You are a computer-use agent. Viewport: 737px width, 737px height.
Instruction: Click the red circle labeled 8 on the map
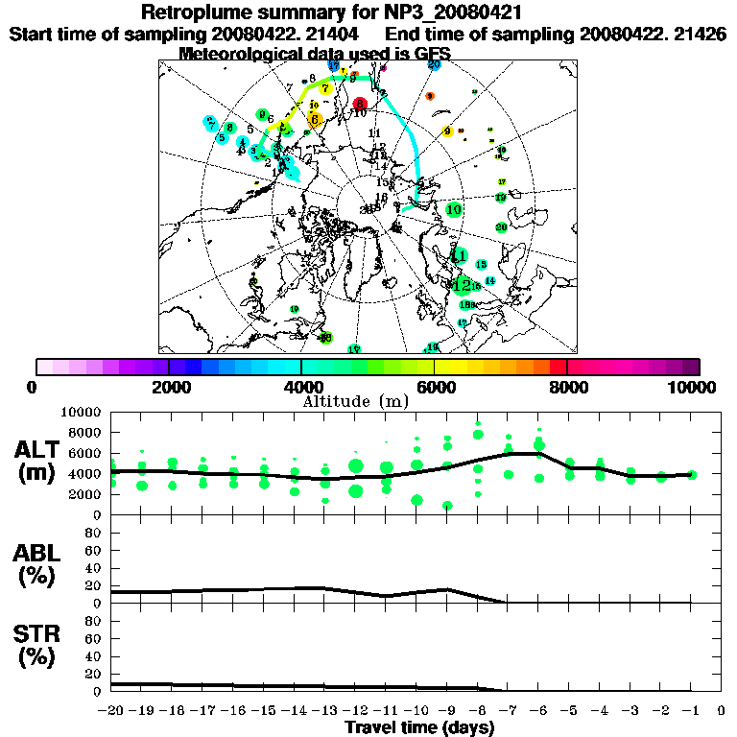tap(360, 104)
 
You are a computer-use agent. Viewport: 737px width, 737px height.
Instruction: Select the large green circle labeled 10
tap(454, 209)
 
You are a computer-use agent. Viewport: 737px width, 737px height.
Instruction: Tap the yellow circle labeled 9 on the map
tap(447, 131)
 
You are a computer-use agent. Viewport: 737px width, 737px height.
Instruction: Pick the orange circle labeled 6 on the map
tap(315, 119)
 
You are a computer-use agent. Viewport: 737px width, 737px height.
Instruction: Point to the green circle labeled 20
tap(501, 227)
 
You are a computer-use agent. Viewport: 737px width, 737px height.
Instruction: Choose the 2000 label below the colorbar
tap(169, 387)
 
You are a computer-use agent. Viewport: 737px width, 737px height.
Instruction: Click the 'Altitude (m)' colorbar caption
tap(343, 400)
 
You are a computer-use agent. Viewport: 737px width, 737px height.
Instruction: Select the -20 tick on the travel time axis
tap(111, 711)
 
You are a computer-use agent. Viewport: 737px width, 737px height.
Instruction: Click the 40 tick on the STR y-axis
tap(96, 655)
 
